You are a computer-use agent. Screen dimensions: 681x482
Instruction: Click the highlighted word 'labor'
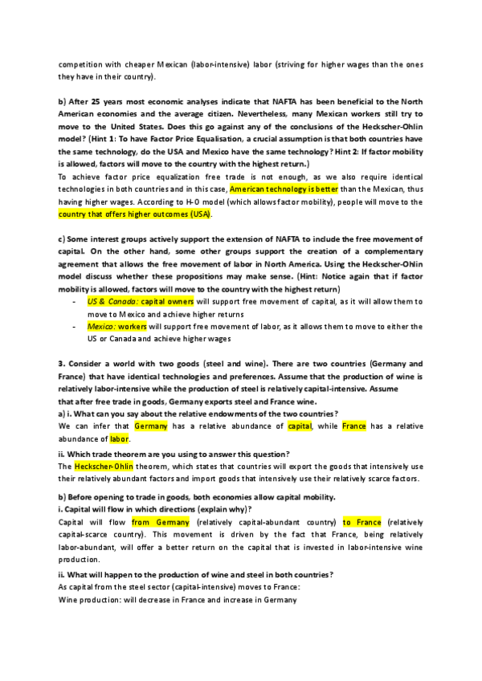tap(119, 439)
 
